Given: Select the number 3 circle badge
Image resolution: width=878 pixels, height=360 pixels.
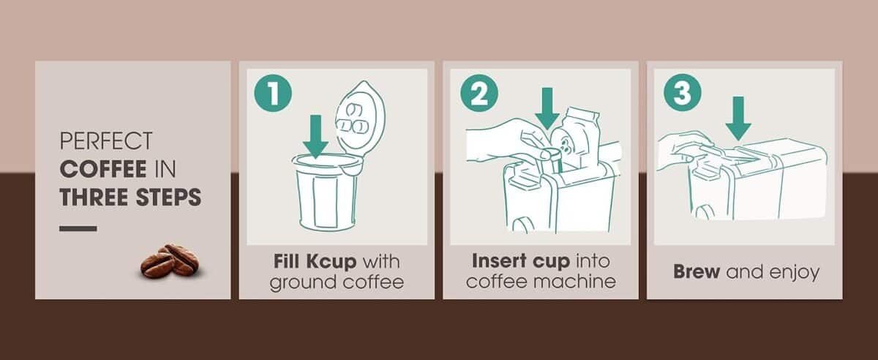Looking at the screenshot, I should [x=682, y=93].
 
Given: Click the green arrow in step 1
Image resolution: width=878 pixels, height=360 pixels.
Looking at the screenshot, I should [x=315, y=137].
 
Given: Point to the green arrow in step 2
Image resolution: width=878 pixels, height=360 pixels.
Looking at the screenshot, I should [x=546, y=110].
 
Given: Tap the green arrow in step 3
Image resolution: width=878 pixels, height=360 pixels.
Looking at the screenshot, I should [x=738, y=118].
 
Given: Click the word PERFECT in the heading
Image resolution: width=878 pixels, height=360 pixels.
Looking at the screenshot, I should [x=106, y=140].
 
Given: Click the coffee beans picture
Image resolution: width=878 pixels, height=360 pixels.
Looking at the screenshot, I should [x=170, y=260].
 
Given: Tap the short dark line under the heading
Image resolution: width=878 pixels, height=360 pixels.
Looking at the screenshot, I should [x=78, y=229].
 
